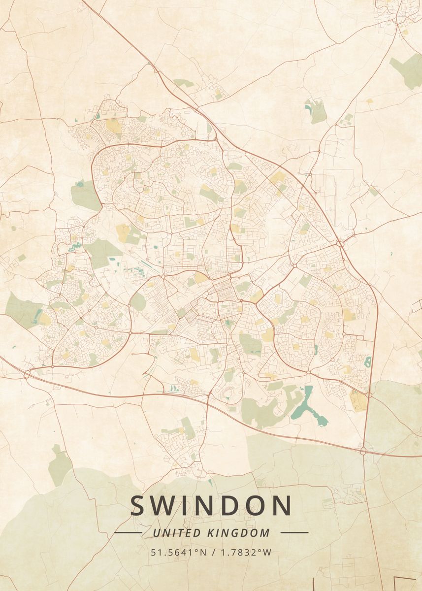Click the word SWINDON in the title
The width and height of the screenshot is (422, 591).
click(x=211, y=506)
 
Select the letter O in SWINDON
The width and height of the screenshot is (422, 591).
click(x=250, y=506)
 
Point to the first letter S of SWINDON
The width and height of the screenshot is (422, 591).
click(x=139, y=506)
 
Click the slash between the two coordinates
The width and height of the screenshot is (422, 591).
click(x=212, y=552)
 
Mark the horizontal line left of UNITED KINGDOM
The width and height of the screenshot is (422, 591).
click(x=128, y=532)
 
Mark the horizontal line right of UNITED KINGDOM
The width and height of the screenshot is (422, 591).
click(x=294, y=532)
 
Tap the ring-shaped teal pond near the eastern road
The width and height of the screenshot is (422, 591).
click(x=367, y=361)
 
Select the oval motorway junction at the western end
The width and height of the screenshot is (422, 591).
click(x=27, y=374)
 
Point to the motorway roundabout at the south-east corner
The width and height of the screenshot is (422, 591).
click(x=363, y=451)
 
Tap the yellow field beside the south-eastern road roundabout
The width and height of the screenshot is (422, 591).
click(x=358, y=400)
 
